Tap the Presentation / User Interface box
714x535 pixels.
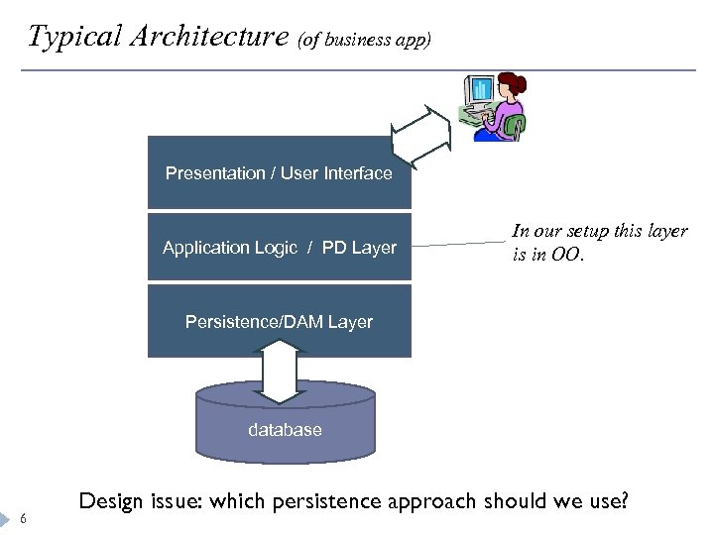tap(279, 172)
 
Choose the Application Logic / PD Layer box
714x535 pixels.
tap(279, 248)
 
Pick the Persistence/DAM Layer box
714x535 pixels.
tap(279, 321)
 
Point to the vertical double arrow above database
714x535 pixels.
tap(284, 371)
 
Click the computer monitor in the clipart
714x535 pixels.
tap(480, 92)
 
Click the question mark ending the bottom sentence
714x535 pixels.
tap(623, 501)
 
